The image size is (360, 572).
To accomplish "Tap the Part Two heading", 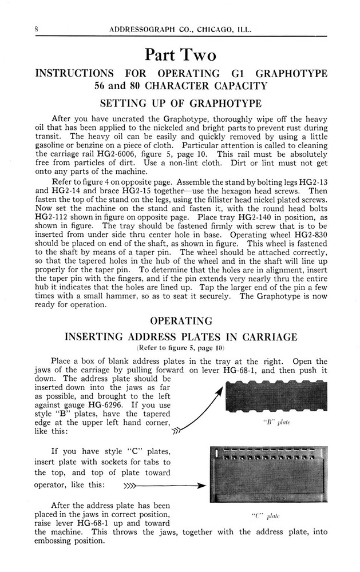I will pyautogui.click(x=180, y=55).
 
